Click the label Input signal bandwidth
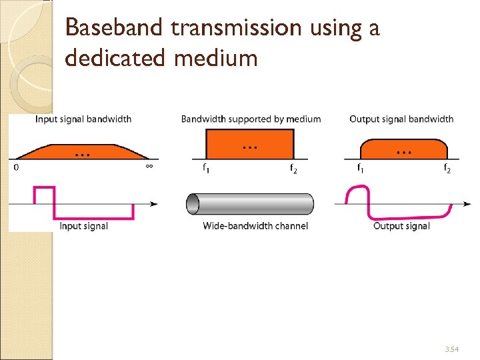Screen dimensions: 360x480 [83, 119]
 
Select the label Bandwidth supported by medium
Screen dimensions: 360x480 [251, 119]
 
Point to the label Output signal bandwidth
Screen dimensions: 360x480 [401, 119]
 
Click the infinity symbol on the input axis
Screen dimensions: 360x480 [149, 167]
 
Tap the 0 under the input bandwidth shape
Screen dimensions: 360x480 [16, 167]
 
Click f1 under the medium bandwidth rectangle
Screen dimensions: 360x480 [207, 169]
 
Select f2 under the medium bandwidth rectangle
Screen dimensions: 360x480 [293, 169]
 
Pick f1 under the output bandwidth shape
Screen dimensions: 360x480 [361, 169]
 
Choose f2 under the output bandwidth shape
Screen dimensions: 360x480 [447, 169]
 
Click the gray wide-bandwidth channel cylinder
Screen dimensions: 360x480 [250, 204]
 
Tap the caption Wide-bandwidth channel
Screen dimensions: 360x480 [255, 226]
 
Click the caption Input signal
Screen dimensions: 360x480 [84, 226]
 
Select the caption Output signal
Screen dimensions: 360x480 [401, 226]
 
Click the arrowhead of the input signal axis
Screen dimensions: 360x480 [153, 203]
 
